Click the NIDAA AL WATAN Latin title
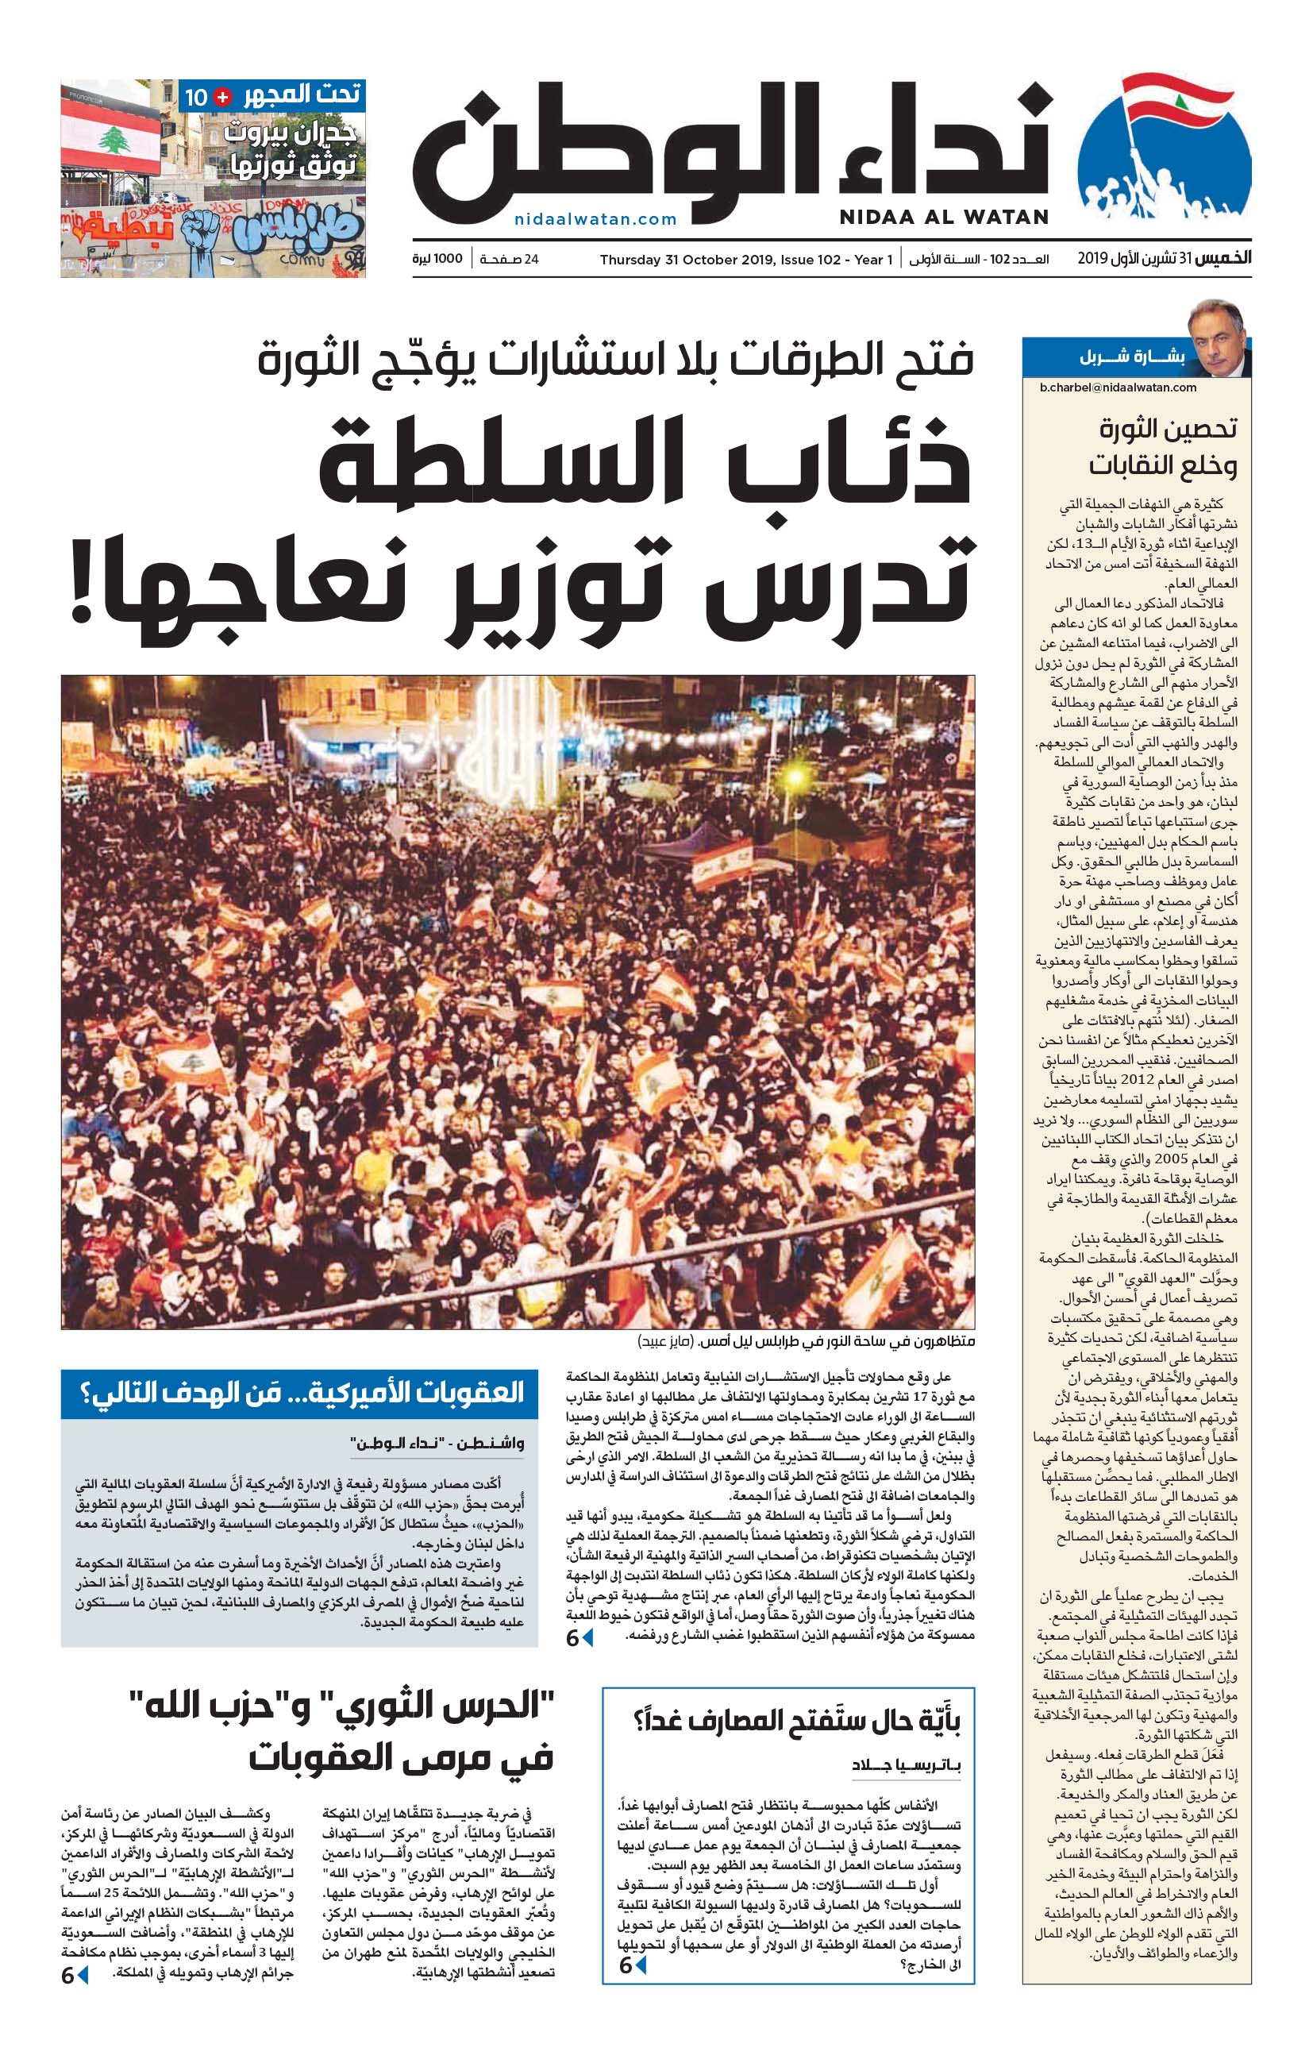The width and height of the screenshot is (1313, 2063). tap(943, 218)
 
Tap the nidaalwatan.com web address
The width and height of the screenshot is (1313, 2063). tap(595, 219)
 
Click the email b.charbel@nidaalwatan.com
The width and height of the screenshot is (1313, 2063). tap(1118, 388)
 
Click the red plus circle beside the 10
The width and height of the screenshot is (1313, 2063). tap(221, 97)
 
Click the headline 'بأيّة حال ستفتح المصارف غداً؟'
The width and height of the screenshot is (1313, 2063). tap(796, 1719)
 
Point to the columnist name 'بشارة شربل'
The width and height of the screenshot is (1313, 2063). tap(1131, 357)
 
